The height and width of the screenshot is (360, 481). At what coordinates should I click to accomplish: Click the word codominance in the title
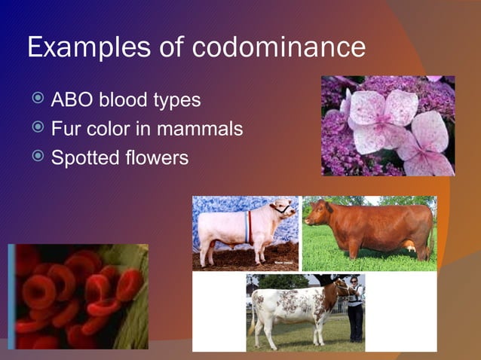279,47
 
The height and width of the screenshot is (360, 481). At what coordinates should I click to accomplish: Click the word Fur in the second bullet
63,129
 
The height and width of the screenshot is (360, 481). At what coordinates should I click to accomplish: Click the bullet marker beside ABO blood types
38,99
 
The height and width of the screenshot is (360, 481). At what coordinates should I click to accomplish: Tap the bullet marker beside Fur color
38,129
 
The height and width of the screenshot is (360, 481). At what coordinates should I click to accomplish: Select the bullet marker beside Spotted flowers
38,158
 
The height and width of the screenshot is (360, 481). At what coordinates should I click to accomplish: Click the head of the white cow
283,209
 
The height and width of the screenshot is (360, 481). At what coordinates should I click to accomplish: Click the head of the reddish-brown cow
316,214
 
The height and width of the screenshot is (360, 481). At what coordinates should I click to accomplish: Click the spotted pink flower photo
388,125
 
